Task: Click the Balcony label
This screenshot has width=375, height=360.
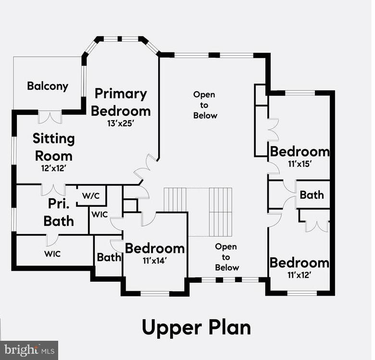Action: pos(48,86)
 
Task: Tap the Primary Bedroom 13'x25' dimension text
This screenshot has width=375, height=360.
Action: pos(120,124)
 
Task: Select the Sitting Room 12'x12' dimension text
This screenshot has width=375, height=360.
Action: pos(53,168)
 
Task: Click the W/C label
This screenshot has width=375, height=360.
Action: pos(91,196)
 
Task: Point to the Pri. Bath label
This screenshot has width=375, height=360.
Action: pos(59,212)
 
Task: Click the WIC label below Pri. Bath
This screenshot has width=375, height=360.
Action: pos(52,254)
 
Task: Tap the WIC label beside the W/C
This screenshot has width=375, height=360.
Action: pos(100,215)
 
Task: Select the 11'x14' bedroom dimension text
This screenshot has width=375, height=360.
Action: pos(154,261)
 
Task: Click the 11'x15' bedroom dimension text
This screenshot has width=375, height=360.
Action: pos(300,164)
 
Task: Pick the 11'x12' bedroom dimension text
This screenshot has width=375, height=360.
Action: pos(299,275)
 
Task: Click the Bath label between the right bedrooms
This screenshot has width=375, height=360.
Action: pos(312,195)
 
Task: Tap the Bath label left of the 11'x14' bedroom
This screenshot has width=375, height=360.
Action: pos(109,258)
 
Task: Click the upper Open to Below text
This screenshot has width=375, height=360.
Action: pos(205,105)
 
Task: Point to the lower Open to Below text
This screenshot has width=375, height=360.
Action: pos(227,257)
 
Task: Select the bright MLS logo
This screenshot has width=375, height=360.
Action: pos(29,350)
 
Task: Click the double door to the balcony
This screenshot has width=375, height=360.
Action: pos(50,117)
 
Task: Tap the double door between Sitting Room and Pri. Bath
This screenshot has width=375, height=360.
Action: pos(53,190)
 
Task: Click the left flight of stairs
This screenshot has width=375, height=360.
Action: pos(175,199)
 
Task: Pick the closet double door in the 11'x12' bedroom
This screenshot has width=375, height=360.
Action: pos(317,226)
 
